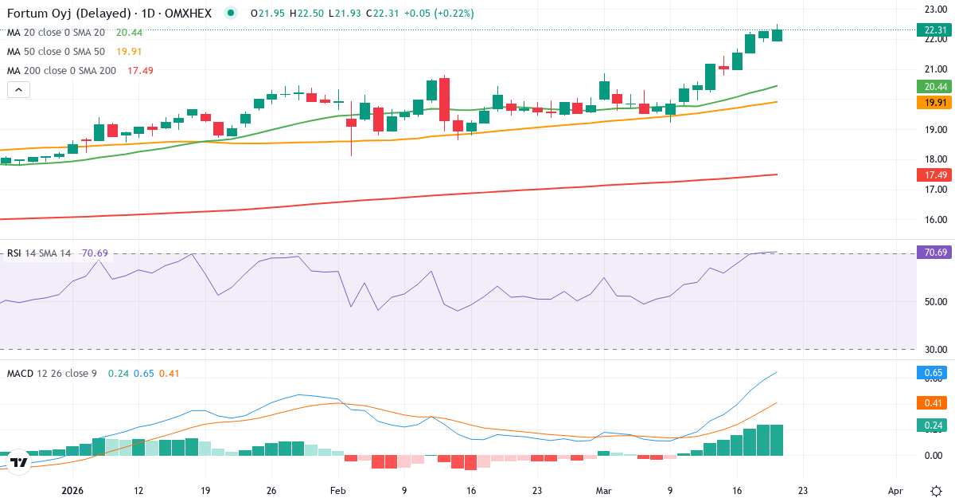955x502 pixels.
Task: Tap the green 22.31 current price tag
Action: click(934, 30)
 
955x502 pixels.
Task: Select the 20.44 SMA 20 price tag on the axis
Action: click(934, 86)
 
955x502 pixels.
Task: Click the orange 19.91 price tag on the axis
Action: click(934, 102)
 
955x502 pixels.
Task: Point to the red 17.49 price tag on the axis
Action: click(934, 175)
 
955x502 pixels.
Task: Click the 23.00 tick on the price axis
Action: click(934, 10)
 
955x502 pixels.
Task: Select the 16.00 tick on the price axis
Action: click(934, 220)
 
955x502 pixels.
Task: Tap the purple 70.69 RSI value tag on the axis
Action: click(934, 253)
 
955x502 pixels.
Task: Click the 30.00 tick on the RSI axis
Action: click(934, 349)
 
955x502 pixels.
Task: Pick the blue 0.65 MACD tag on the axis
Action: click(934, 372)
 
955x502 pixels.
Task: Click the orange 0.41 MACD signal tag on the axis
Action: click(934, 402)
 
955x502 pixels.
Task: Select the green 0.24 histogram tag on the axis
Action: click(934, 426)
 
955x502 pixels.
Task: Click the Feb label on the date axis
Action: click(338, 491)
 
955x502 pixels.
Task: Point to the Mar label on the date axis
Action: click(603, 491)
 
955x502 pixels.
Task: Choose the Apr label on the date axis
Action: click(896, 491)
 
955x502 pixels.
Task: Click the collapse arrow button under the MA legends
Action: click(18, 90)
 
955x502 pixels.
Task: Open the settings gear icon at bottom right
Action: click(936, 491)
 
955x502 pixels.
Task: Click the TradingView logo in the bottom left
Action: click(19, 462)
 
